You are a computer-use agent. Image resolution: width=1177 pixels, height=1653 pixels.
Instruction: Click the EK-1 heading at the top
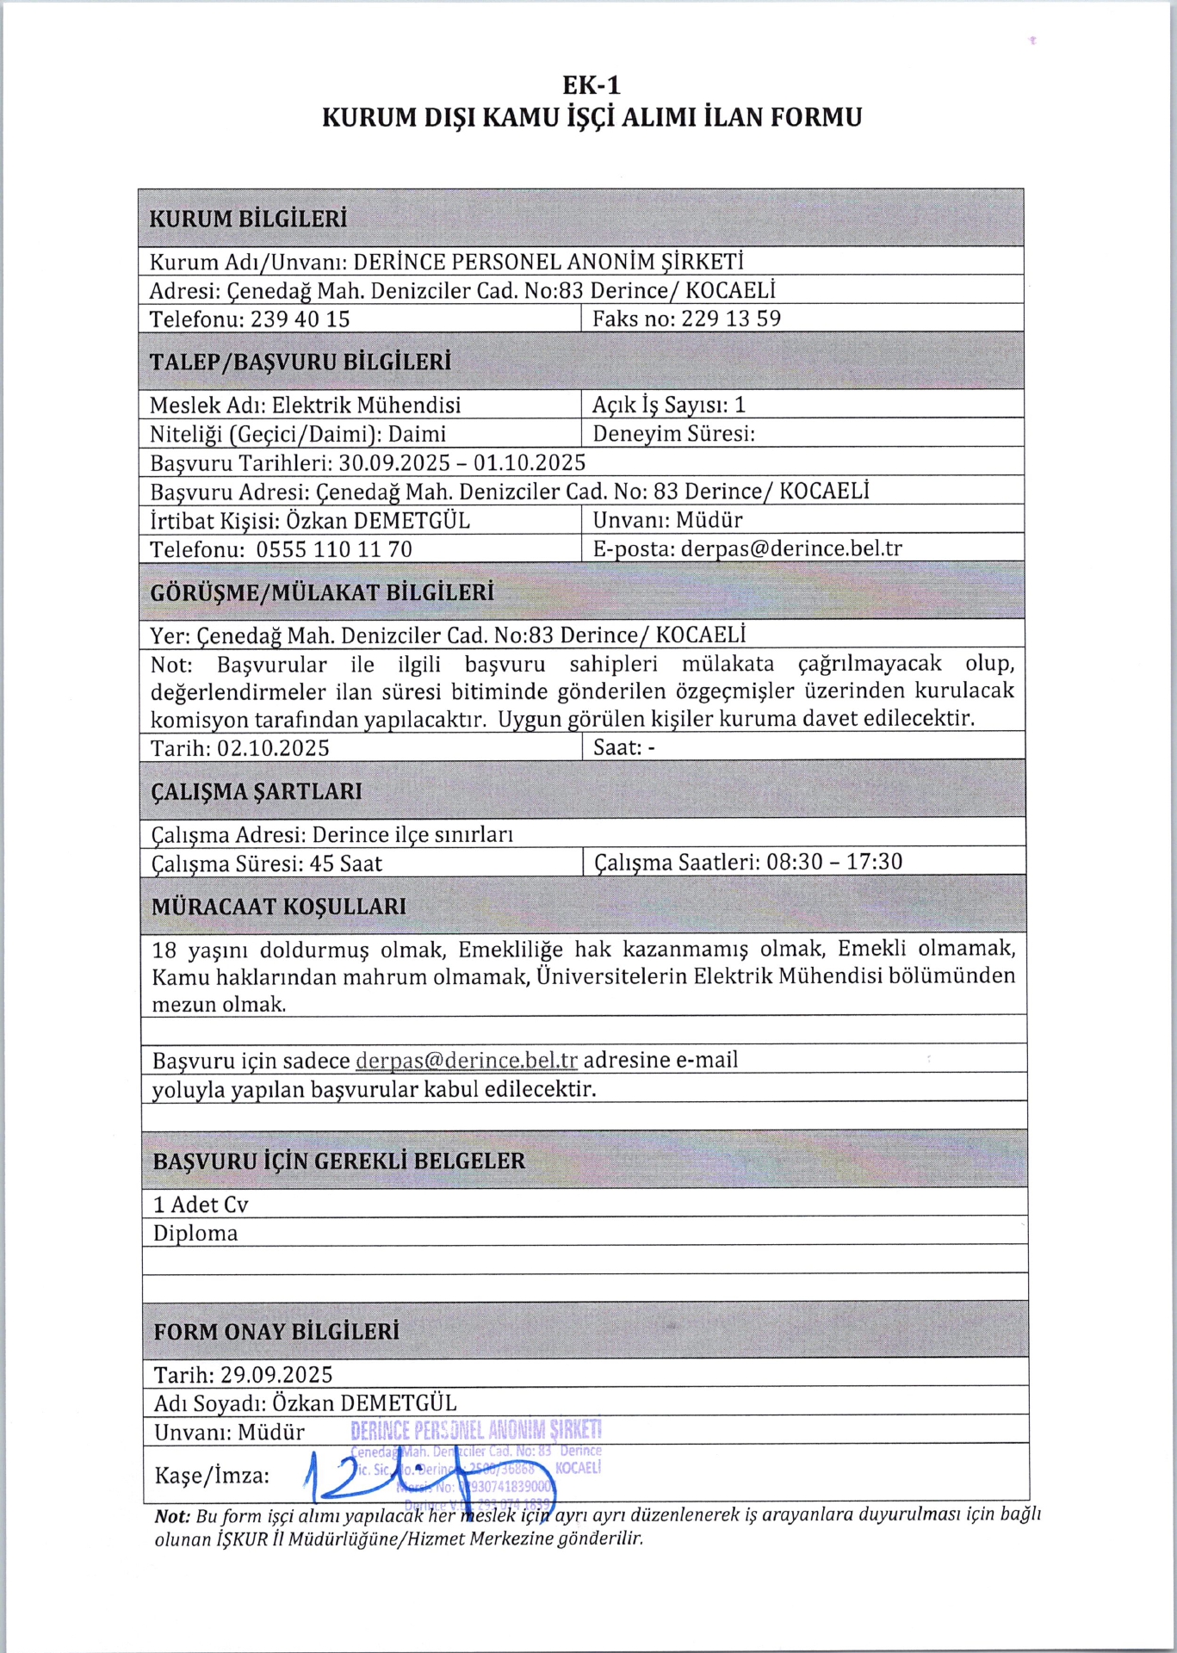592,85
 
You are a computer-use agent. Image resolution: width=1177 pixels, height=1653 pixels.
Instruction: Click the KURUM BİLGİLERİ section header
248,219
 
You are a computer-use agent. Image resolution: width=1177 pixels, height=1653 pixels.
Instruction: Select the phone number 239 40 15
300,319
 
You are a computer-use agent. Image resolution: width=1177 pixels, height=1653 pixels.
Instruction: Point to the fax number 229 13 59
731,319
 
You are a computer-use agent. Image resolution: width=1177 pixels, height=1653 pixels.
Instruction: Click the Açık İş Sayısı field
668,405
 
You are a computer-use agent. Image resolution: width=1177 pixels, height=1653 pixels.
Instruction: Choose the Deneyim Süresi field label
673,433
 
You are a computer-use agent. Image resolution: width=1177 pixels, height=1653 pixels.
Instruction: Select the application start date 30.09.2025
394,462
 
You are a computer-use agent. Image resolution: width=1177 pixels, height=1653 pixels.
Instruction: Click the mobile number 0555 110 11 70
333,549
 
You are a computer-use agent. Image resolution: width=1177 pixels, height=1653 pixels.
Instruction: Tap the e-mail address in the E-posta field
791,548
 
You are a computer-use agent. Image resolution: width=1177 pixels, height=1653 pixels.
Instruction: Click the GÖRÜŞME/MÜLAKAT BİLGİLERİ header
322,592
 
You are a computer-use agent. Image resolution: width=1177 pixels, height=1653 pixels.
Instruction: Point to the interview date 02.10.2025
273,747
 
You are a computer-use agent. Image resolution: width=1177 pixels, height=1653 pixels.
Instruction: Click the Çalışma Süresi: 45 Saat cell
267,864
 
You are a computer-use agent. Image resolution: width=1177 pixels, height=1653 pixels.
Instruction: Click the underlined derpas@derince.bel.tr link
466,1060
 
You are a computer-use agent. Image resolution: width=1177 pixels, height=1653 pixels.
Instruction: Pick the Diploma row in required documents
195,1233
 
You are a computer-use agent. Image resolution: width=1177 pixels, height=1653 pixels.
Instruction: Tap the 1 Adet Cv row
201,1204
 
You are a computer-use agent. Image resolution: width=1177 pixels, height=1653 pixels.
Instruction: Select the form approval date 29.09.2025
276,1374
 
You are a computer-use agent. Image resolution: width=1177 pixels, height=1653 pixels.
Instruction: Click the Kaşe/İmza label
211,1476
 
